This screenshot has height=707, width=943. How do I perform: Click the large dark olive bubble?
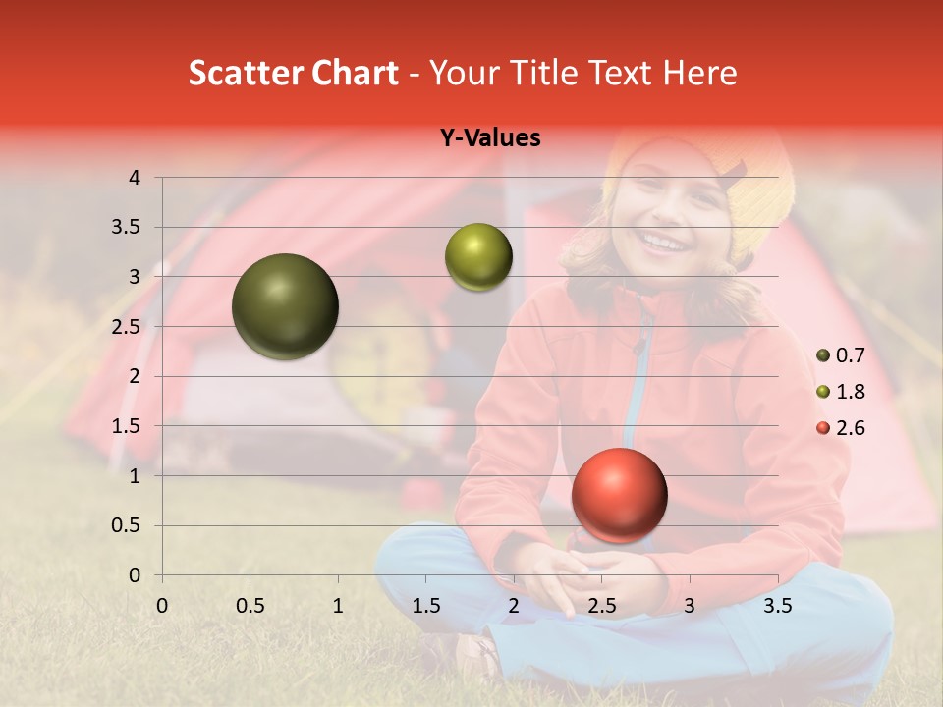(285, 306)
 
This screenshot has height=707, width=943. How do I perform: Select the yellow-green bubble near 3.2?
(478, 257)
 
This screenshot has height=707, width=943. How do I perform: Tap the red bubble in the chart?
(619, 495)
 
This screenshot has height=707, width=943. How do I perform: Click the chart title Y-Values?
(490, 138)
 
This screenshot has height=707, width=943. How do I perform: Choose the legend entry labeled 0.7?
(841, 355)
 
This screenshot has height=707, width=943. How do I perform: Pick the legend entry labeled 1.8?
(841, 392)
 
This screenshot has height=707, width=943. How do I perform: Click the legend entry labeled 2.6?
(841, 428)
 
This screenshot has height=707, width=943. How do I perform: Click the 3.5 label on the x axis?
(778, 606)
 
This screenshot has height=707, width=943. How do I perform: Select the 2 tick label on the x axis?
(514, 606)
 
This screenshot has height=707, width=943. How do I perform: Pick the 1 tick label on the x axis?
(338, 606)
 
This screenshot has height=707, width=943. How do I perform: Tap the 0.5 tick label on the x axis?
(250, 606)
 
